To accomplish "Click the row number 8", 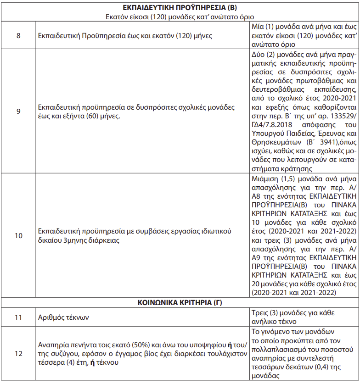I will [x=18, y=35].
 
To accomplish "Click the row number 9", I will [x=18, y=111].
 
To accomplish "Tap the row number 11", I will [x=18, y=317].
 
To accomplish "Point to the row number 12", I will [x=18, y=354].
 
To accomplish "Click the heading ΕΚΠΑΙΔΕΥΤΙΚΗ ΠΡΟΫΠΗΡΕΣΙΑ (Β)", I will [x=180, y=8].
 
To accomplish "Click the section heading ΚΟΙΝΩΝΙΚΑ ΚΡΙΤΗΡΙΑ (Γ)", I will [x=180, y=303].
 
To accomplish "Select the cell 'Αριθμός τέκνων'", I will [x=63, y=317].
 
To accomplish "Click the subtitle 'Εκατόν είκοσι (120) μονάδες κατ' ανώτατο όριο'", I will [x=180, y=17].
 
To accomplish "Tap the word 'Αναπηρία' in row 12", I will [x=53, y=345].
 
